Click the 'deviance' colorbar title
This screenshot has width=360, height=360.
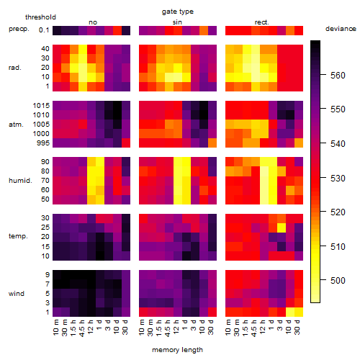[341, 29]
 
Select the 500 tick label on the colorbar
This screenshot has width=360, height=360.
[338, 280]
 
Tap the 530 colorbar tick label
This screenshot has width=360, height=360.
[338, 179]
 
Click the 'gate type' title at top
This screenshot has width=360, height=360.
[178, 12]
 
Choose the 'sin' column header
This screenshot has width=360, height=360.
[177, 22]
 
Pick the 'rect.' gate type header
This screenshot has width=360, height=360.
[262, 22]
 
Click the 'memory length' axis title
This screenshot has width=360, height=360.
[177, 350]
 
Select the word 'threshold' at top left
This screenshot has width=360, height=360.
[40, 17]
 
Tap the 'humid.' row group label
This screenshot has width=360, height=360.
[20, 181]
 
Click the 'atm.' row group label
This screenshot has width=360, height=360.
[16, 125]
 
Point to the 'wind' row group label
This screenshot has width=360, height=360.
[17, 294]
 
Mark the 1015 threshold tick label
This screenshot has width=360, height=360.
[41, 106]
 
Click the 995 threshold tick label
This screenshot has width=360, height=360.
[43, 143]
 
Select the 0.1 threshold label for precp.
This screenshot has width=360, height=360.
[44, 30]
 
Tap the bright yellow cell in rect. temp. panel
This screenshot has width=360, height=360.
[282, 228]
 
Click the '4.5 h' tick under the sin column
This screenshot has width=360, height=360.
[168, 328]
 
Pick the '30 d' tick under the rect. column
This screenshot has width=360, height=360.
[297, 327]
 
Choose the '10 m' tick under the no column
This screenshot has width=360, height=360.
[55, 328]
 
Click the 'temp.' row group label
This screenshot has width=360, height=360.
[18, 236]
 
